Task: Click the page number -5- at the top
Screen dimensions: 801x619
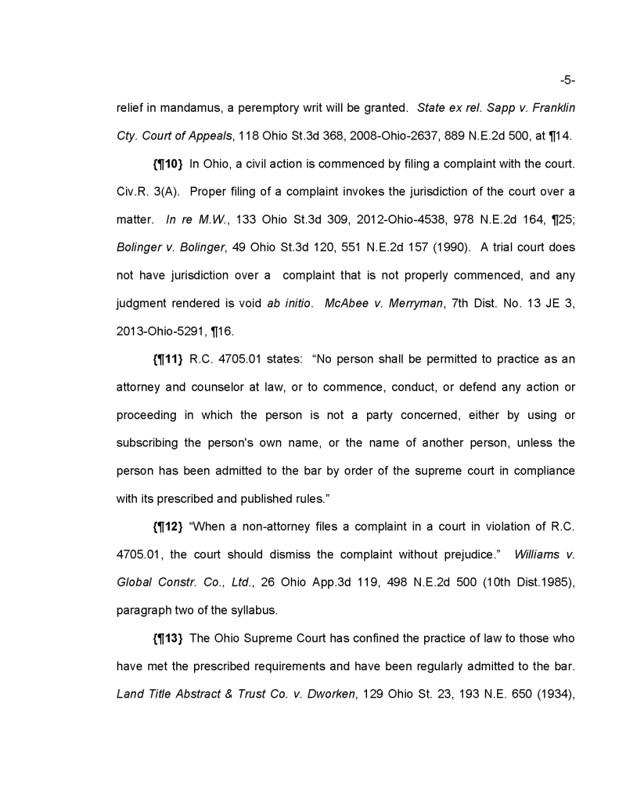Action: (x=568, y=80)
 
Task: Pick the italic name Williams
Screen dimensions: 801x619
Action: (x=538, y=554)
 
